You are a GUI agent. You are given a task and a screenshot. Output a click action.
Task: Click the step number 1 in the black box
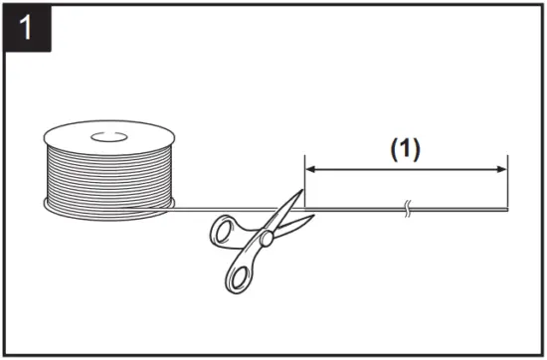pyautogui.click(x=25, y=26)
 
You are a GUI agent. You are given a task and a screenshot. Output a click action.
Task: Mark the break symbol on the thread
pyautogui.click(x=407, y=209)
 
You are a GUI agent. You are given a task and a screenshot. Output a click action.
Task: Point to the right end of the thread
pyautogui.click(x=507, y=209)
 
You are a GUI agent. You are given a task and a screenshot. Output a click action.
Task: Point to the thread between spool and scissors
pyautogui.click(x=219, y=209)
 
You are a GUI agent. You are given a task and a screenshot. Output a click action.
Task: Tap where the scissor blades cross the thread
pyautogui.click(x=288, y=209)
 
